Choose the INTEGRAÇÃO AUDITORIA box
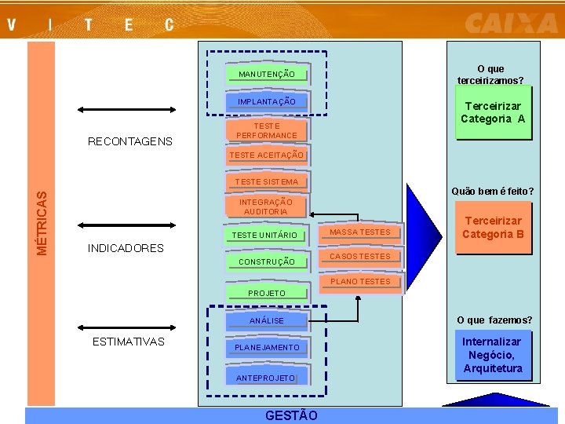[265, 207]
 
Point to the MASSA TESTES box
[360, 232]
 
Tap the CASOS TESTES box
[360, 257]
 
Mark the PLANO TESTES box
[360, 282]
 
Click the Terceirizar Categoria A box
[493, 113]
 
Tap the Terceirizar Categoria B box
[493, 228]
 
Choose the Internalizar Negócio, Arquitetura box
[493, 355]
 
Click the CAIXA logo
[511, 23]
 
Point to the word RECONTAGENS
[130, 142]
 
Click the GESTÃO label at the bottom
[291, 415]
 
